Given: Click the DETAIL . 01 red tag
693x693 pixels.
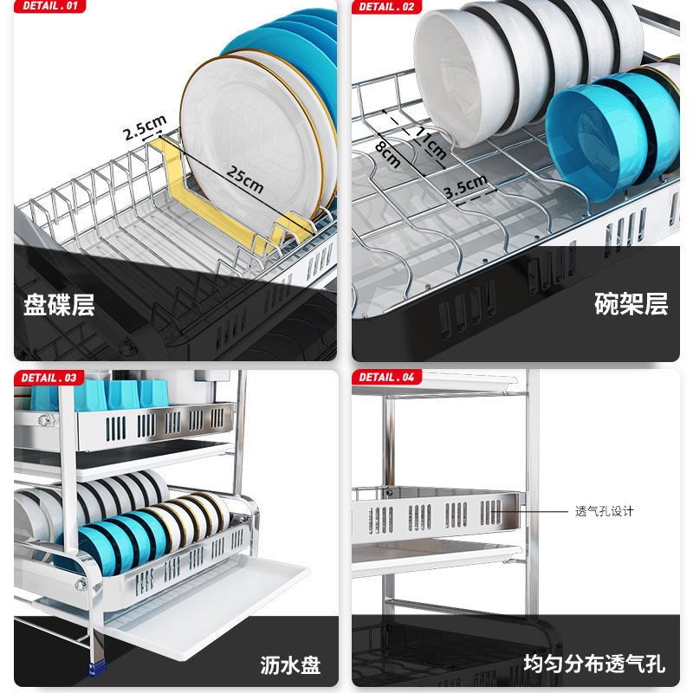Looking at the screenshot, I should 49,7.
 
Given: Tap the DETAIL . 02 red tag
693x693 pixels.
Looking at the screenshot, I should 386,7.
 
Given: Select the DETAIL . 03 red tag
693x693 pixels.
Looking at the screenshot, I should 49,378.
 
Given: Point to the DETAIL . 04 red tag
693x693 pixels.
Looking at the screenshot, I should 386,378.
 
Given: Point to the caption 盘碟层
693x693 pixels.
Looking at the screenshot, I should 59,305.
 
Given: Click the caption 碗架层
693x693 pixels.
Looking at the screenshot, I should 631,305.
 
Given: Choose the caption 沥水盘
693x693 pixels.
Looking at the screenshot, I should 290,665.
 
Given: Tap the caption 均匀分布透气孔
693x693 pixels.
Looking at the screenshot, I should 594,665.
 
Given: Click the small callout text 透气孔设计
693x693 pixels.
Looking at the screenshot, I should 605,511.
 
